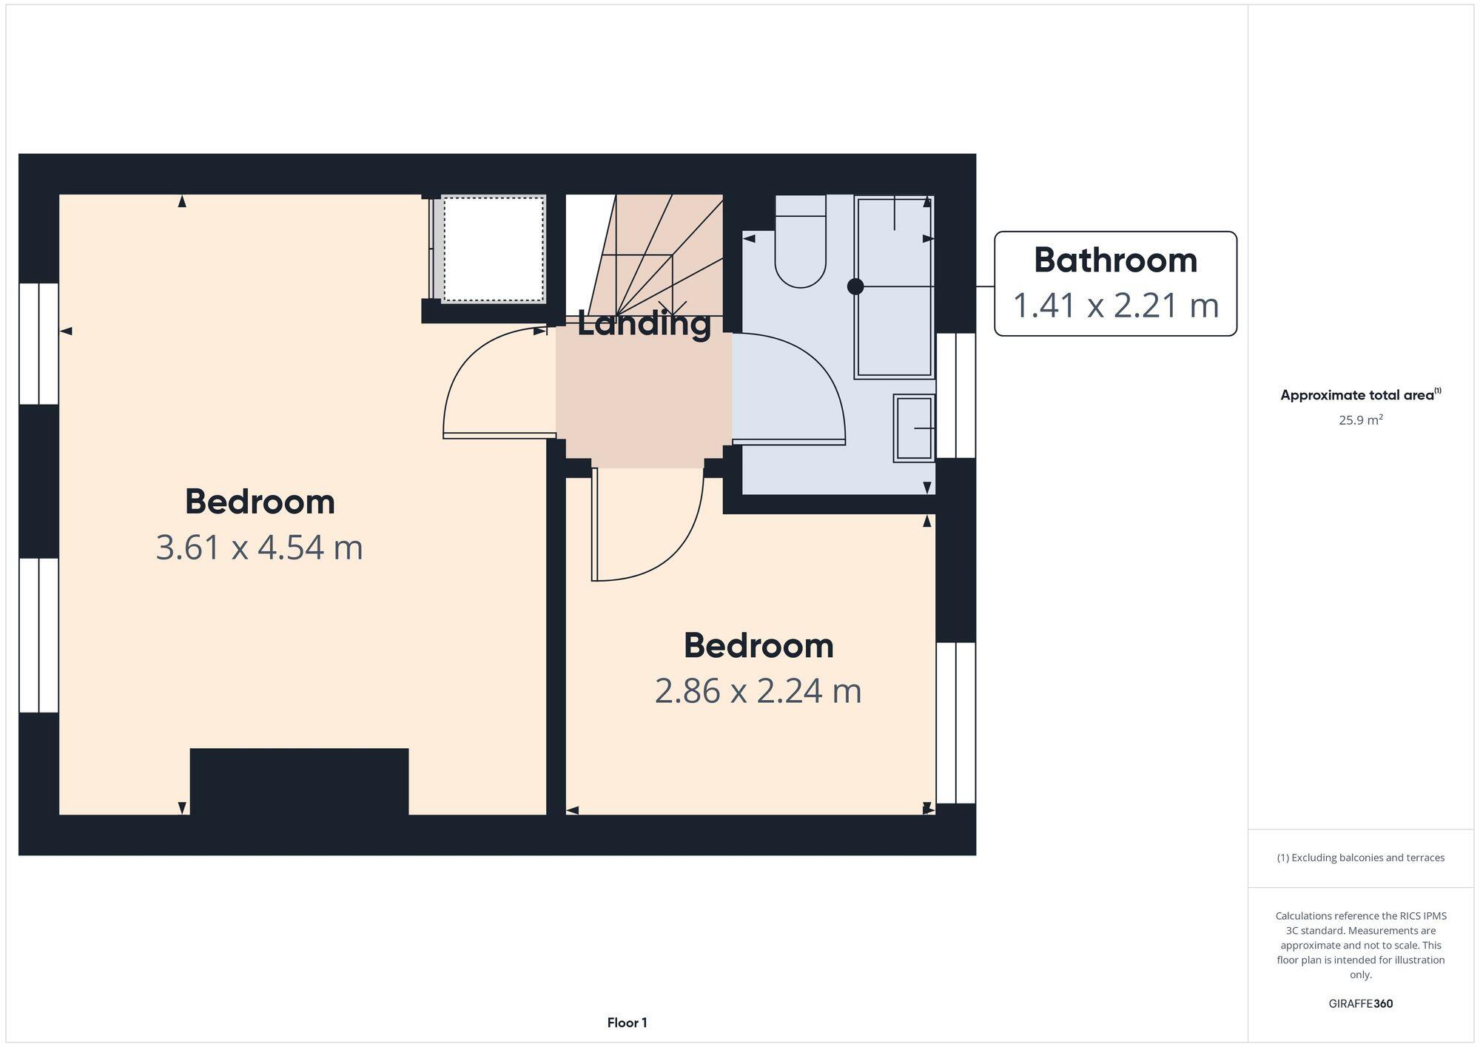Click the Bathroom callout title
click(x=1114, y=260)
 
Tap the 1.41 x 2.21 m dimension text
click(x=1114, y=306)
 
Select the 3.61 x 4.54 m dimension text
click(x=259, y=548)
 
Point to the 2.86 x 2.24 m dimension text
click(x=758, y=692)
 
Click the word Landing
click(x=644, y=324)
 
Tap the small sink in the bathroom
click(x=914, y=428)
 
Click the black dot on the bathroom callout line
click(x=855, y=287)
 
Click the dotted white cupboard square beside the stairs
click(x=494, y=249)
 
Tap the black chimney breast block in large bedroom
click(x=299, y=781)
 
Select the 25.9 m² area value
click(x=1360, y=420)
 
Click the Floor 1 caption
click(x=627, y=1023)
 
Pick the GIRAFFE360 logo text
click(x=1360, y=1004)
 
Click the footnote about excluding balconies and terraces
click(x=1360, y=858)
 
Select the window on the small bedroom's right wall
click(x=955, y=722)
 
